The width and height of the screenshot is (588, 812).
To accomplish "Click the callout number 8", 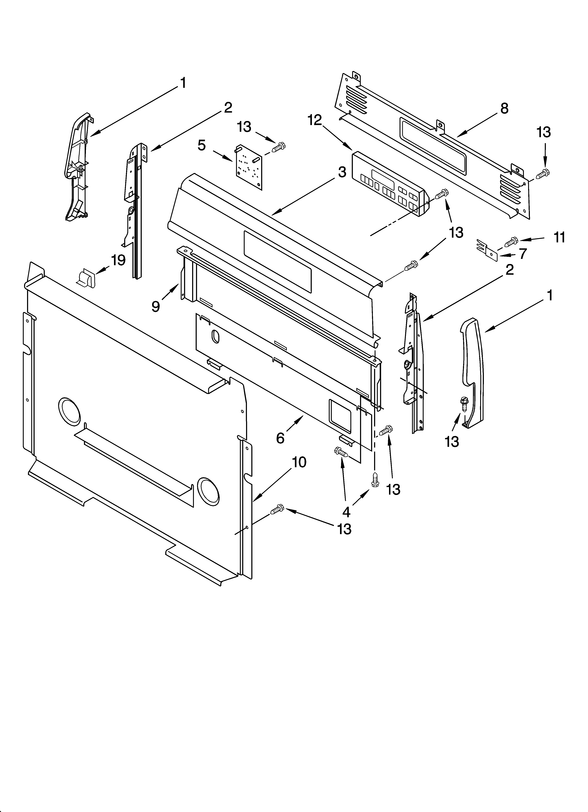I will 504,108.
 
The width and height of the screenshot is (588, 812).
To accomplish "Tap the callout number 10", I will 299,462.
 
